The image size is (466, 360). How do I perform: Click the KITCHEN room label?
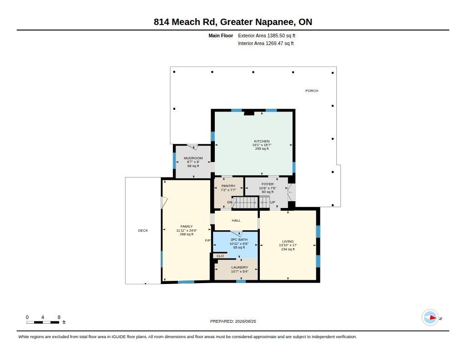click(x=262, y=141)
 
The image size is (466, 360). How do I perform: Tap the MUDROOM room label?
click(x=193, y=158)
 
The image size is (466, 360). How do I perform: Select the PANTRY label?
click(x=228, y=186)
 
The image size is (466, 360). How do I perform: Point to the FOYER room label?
click(x=268, y=184)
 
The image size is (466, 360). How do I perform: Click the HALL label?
click(x=236, y=220)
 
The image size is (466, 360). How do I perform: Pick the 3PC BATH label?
click(x=239, y=239)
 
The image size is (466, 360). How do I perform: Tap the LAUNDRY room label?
click(x=239, y=267)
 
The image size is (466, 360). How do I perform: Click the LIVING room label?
click(x=288, y=241)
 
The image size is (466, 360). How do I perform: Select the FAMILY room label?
click(x=187, y=226)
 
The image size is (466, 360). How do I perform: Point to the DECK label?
click(x=143, y=230)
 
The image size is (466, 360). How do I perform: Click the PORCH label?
click(x=312, y=91)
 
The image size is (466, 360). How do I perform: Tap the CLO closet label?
click(x=220, y=256)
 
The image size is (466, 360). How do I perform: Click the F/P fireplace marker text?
click(x=208, y=240)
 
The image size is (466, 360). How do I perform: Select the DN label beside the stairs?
click(x=230, y=202)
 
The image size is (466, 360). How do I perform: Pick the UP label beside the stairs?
click(x=273, y=202)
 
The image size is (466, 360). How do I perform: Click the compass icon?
click(x=430, y=318)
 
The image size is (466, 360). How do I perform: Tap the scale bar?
click(x=42, y=322)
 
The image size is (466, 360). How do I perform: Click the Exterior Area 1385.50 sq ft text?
click(x=267, y=35)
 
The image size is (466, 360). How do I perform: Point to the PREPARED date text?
click(x=233, y=321)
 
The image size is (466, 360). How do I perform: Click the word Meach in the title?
click(x=186, y=22)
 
